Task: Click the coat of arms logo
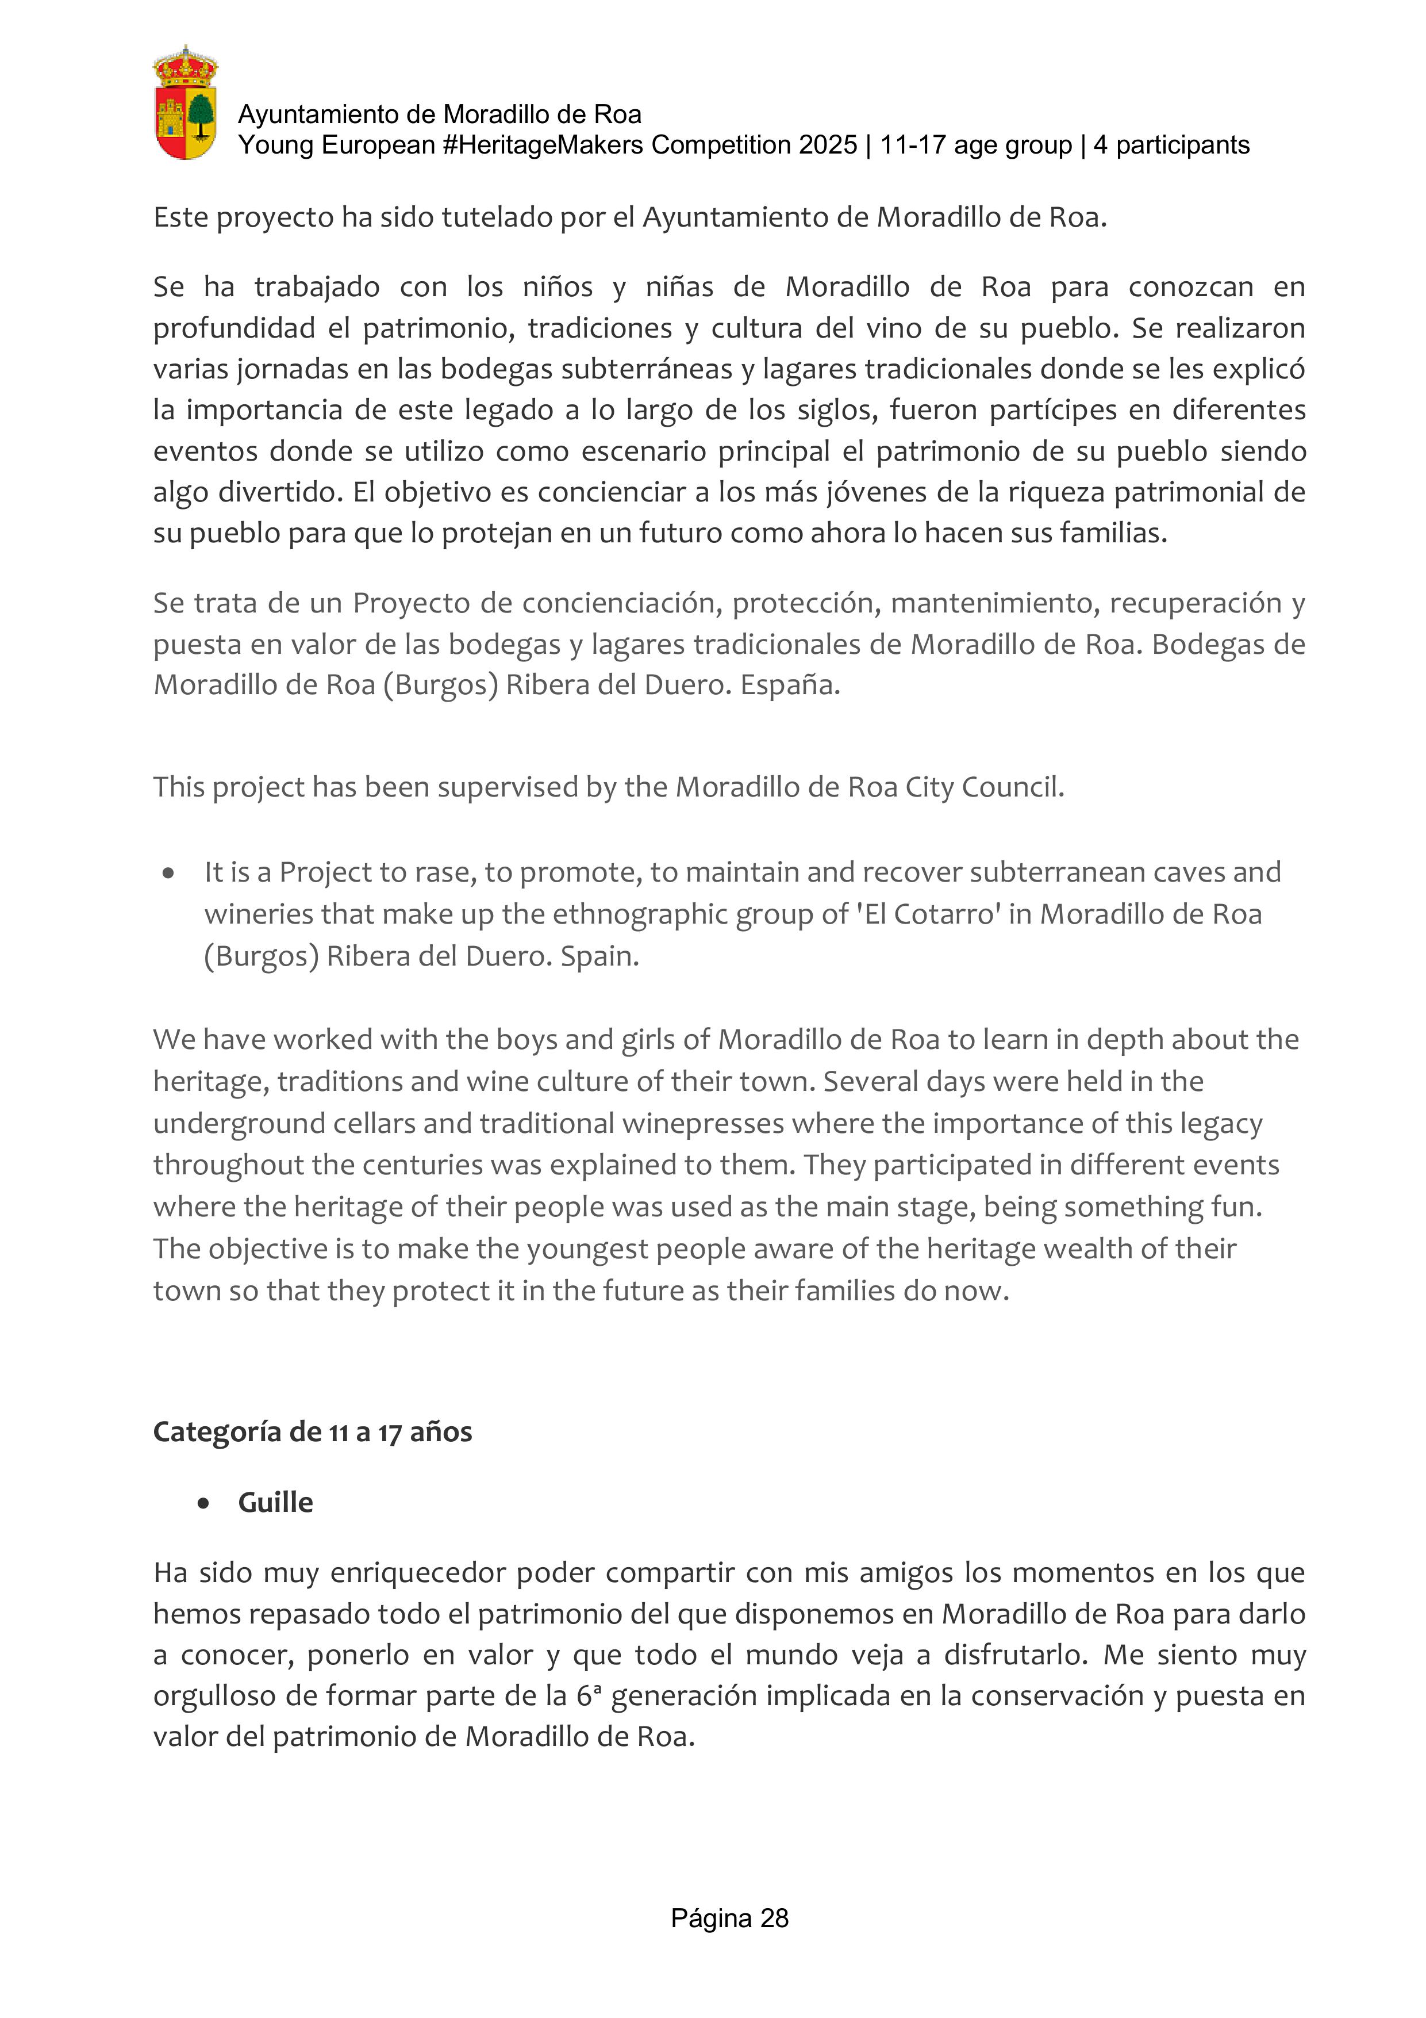(x=186, y=104)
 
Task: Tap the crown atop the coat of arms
(x=186, y=63)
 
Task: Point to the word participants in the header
(x=1182, y=145)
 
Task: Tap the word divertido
(x=280, y=492)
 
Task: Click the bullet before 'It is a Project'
(x=168, y=873)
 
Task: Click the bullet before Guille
(x=204, y=1503)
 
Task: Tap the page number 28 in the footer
(x=774, y=1918)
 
